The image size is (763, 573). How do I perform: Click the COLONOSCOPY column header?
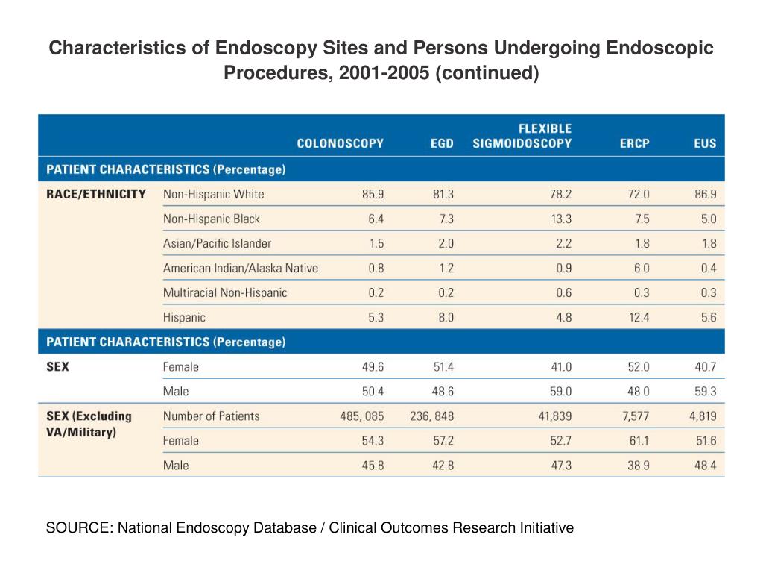coord(341,143)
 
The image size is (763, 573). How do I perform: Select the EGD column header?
coord(442,143)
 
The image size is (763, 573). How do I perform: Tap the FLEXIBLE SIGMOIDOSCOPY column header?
coord(522,136)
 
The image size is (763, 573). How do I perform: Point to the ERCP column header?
coord(635,143)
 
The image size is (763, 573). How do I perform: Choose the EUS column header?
coord(704,143)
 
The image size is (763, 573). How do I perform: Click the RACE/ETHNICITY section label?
coord(96,194)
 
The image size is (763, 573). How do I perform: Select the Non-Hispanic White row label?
coord(213,194)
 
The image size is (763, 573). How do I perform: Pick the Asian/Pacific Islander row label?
coord(217,243)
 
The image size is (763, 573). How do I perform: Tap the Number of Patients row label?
coord(211,416)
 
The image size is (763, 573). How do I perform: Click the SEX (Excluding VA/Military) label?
coord(89,424)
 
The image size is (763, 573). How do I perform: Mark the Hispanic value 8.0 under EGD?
coord(445,317)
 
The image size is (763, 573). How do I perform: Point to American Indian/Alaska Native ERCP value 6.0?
coord(641,268)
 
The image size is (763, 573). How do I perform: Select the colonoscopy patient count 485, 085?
coord(362,416)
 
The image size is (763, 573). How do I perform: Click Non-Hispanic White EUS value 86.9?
coord(704,194)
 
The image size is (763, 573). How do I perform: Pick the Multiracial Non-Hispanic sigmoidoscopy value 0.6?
coord(563,292)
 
